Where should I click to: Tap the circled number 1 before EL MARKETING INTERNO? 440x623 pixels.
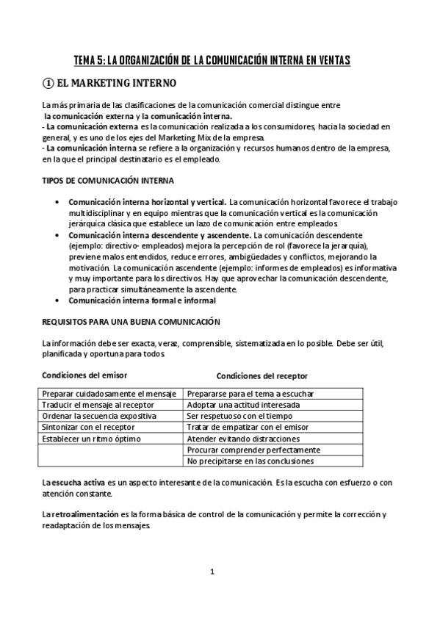tap(48, 83)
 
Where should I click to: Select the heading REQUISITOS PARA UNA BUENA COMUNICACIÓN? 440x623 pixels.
tap(132, 322)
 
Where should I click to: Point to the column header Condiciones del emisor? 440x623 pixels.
tap(84, 375)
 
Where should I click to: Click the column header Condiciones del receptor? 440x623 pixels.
tap(262, 375)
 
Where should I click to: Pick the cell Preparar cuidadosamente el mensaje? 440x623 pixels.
tap(109, 394)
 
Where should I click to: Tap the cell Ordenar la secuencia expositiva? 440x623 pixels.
tap(99, 416)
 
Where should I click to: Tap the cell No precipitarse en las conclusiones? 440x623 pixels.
tap(250, 461)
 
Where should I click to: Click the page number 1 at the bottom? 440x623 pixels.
tap(212, 572)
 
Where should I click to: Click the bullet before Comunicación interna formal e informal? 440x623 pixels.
tap(58, 300)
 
